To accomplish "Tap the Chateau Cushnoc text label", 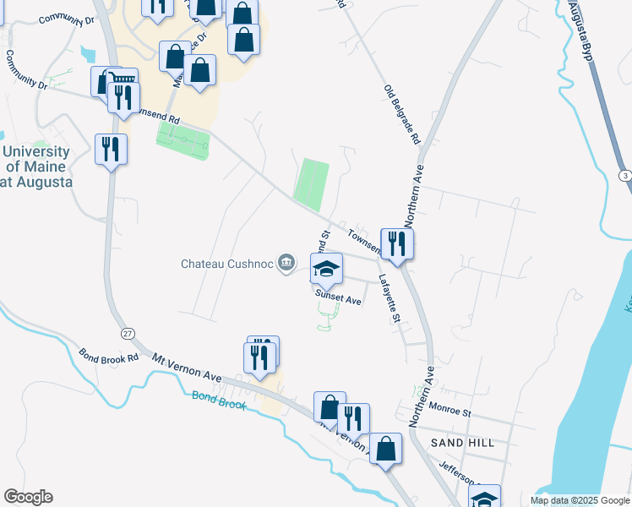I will coord(227,264).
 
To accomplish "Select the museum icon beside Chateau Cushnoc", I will coord(287,264).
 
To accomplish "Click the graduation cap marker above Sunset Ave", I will coord(326,270).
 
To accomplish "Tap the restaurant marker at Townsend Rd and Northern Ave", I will coord(395,244).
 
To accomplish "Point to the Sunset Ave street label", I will coord(338,298).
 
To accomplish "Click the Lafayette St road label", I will coord(389,297).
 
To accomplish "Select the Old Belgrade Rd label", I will coord(402,115).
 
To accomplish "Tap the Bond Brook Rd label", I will coord(109,358).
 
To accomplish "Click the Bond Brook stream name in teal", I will coord(218,400).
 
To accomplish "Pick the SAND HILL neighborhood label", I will coord(461,443).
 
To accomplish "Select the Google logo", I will coord(28,497).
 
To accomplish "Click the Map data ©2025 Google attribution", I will coord(579,500).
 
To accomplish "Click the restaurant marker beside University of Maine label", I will coord(111,150).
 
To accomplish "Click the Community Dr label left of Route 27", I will coord(25,70).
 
